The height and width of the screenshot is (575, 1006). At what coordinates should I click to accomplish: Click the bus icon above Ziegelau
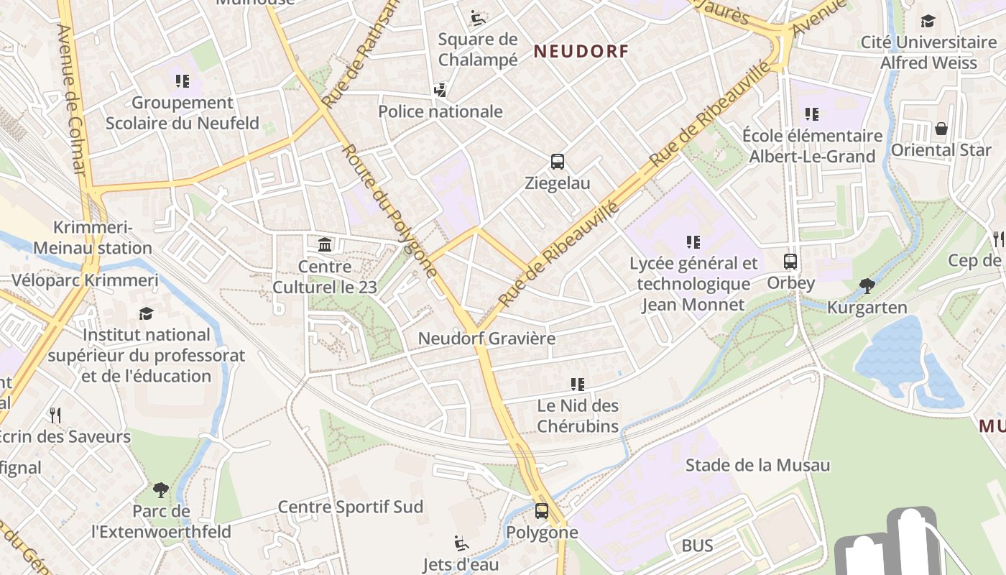pos(557,162)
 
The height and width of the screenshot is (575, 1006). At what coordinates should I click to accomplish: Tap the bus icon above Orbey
pos(790,262)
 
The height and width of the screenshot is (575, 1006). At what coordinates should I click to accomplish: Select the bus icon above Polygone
pos(542,511)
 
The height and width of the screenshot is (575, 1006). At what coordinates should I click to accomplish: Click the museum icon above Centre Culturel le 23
pos(325,245)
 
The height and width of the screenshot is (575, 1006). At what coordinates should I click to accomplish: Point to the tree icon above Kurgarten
pos(867,286)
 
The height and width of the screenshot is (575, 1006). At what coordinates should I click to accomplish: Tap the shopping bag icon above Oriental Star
pos(941,129)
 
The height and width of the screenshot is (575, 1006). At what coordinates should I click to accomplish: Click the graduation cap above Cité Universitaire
pos(928,22)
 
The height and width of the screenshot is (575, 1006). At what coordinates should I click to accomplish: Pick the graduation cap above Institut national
pos(147,313)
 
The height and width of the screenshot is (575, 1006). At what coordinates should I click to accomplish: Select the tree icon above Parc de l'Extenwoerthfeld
pos(161,490)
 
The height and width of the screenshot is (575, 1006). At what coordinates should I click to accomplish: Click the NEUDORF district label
pos(581,51)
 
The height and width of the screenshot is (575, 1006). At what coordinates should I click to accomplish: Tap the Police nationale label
pos(440,111)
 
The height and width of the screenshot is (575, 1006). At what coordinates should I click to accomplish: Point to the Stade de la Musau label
pos(757,465)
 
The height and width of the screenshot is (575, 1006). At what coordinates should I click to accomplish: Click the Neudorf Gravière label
pos(486,338)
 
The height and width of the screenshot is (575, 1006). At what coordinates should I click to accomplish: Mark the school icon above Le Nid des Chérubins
pos(577,385)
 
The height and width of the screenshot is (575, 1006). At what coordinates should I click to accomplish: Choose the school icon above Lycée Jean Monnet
pos(693,242)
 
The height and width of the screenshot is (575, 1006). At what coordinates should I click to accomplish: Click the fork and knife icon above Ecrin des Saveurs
pos(55,415)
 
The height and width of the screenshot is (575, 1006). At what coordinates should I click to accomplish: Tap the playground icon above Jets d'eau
pos(461,543)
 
